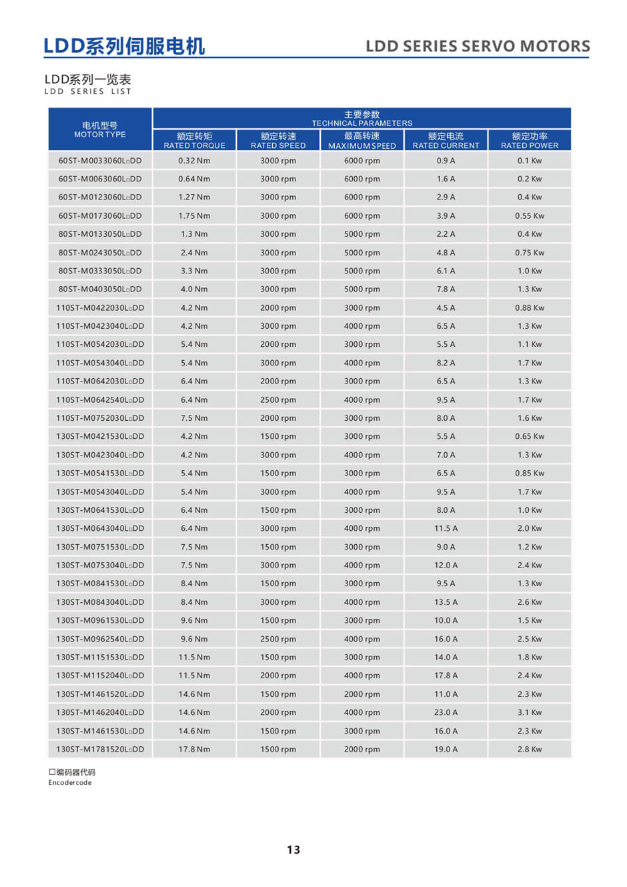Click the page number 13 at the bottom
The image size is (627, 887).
pos(293,850)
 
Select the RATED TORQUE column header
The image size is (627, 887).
pos(194,141)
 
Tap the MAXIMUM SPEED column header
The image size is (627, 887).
pos(362,141)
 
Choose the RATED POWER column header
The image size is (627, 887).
pos(530,141)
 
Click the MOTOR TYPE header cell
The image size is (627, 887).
pos(100,129)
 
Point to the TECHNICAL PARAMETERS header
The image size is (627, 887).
pos(362,119)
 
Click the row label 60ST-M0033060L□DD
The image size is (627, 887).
pos(100,161)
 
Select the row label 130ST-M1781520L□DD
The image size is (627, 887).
pos(100,750)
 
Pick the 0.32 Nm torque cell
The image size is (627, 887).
pos(194,161)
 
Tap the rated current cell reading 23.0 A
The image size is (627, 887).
pos(446,712)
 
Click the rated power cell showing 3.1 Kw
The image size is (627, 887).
pos(530,712)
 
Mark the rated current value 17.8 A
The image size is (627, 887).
pos(446,676)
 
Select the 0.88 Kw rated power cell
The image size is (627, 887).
pos(530,308)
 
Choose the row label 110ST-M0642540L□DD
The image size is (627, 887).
pos(100,400)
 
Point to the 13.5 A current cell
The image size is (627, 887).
pos(446,602)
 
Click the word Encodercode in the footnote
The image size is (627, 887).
pos(70,783)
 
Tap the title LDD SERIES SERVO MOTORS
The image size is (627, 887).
pos(478,46)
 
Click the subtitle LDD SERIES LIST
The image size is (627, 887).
pos(88,91)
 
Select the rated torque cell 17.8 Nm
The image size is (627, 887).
pos(194,750)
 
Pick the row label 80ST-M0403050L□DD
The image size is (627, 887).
pos(100,289)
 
